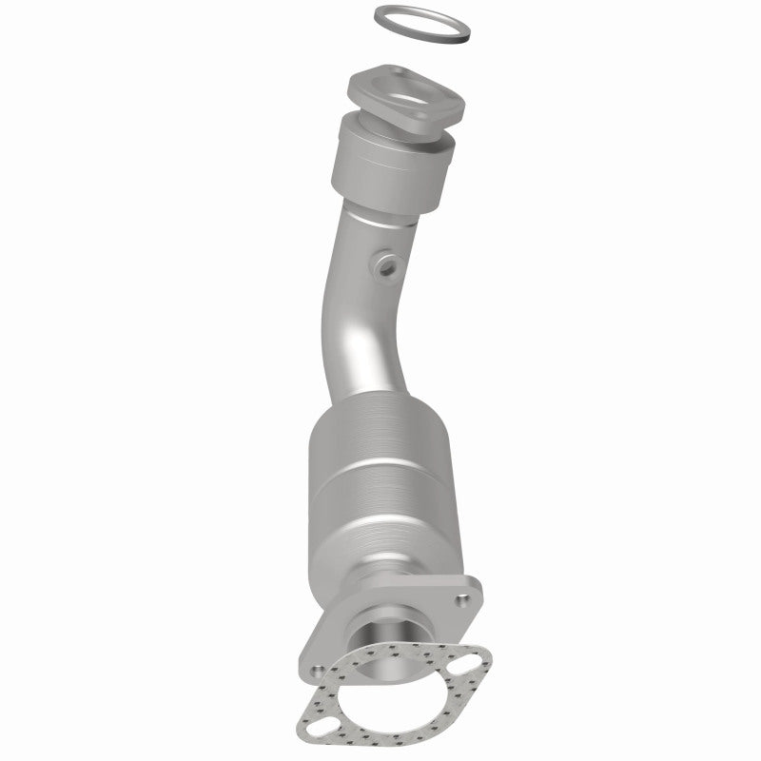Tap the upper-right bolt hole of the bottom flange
click(x=463, y=600)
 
